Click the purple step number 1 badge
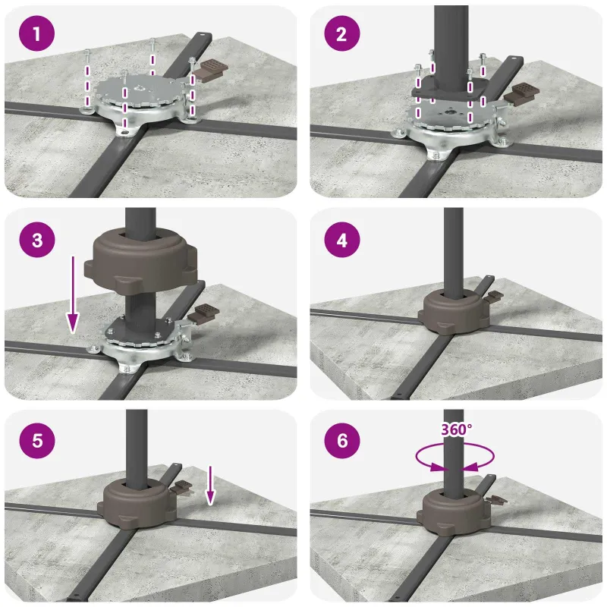(x=36, y=33)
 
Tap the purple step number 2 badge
(x=342, y=33)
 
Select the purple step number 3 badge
(x=36, y=239)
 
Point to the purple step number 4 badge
(x=342, y=241)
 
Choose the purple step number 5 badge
(x=36, y=441)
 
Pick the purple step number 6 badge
(x=342, y=441)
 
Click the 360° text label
(x=457, y=429)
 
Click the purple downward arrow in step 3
(x=73, y=294)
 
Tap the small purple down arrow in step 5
(x=210, y=486)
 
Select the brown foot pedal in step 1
(x=209, y=68)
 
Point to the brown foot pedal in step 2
(x=521, y=93)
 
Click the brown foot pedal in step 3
(x=203, y=313)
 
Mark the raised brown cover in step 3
(x=141, y=262)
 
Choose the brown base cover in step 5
(x=137, y=503)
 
